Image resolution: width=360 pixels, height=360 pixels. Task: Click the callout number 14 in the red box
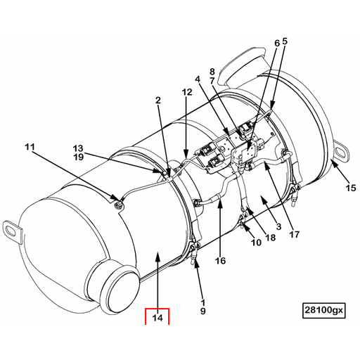[157, 318]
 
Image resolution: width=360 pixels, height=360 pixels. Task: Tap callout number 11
[29, 147]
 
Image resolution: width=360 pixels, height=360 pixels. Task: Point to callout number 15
[350, 188]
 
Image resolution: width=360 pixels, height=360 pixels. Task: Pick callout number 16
[220, 261]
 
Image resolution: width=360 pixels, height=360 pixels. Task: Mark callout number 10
[257, 243]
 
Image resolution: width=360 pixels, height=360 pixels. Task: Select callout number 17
[294, 234]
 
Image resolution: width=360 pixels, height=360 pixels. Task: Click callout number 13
[78, 148]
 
